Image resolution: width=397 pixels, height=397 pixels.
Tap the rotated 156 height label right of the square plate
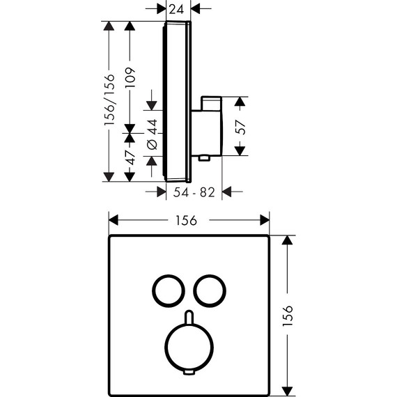click(288, 317)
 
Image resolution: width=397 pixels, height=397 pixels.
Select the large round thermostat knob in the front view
click(188, 348)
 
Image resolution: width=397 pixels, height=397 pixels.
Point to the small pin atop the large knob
click(188, 318)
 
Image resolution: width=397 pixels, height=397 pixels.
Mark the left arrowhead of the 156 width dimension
click(113, 219)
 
